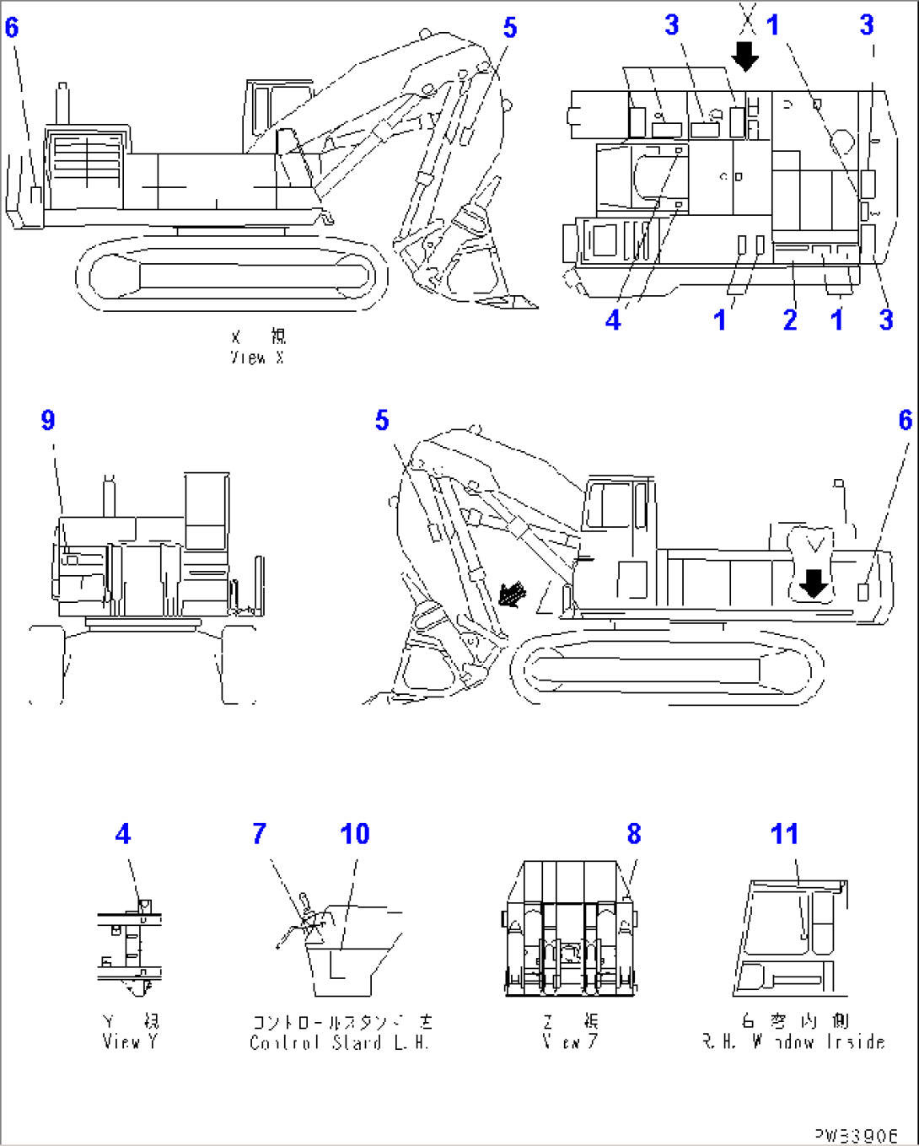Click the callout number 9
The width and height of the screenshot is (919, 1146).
(48, 420)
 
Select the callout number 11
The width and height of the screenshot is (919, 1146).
(784, 834)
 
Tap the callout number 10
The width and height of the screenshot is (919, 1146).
(355, 834)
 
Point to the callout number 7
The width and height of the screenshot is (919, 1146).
(259, 834)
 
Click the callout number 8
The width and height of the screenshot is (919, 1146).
(634, 834)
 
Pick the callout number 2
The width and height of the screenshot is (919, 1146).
(789, 320)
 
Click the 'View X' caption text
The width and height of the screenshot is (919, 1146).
(258, 358)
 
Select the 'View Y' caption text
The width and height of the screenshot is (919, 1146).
(130, 1041)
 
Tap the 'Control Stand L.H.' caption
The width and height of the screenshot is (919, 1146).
(340, 1042)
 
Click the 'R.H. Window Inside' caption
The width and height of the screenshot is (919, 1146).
(793, 1042)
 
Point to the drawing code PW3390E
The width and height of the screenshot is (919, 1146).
(856, 1135)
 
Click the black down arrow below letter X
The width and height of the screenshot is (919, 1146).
(745, 57)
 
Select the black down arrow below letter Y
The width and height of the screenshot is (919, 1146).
(814, 582)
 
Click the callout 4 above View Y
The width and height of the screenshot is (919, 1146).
(123, 834)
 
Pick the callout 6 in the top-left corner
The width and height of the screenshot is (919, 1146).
(11, 28)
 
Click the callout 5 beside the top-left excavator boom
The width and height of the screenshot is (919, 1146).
(509, 28)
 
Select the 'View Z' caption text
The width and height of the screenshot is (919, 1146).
(570, 1041)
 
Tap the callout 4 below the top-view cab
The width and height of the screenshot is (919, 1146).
(613, 320)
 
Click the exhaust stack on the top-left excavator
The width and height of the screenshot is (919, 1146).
(62, 103)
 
